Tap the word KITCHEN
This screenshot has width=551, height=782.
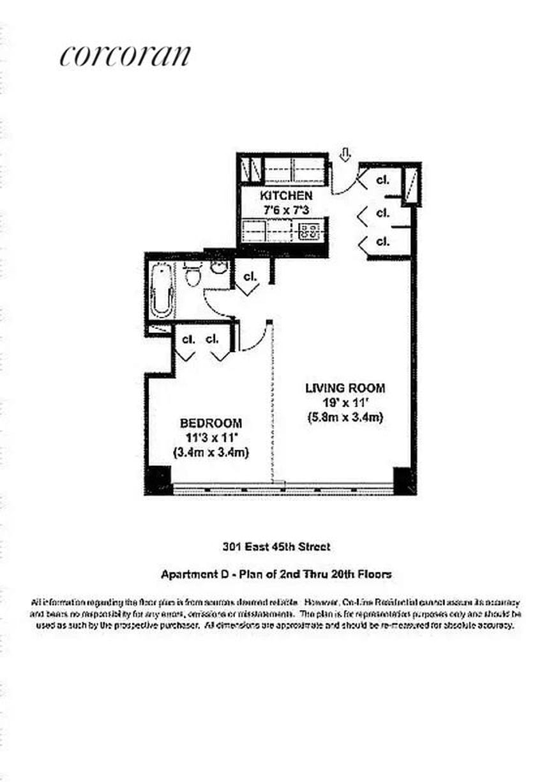point(285,195)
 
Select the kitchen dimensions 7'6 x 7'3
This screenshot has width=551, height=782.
point(285,210)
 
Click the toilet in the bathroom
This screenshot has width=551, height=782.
point(192,276)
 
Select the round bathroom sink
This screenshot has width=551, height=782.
point(219,267)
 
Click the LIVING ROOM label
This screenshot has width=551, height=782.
point(345,388)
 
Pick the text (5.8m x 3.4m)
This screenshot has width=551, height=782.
point(345,418)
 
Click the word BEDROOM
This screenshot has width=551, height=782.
point(211,423)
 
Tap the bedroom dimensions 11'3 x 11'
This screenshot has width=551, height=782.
point(211,438)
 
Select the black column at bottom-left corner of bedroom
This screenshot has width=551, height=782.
point(158,479)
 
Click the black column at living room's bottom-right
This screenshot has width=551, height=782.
point(404,479)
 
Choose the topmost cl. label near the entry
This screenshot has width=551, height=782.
point(382,180)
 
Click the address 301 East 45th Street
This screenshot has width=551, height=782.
point(276,546)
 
